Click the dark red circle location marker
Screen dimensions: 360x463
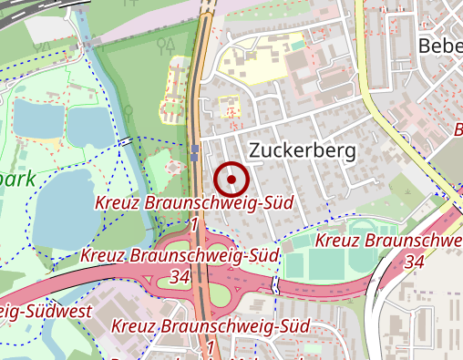pos(232,180)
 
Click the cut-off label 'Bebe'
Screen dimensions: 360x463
pos(439,46)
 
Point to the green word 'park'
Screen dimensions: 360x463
pos(18,177)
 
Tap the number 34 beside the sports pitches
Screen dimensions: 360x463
pos(414,262)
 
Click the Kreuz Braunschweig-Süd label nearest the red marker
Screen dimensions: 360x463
pos(195,202)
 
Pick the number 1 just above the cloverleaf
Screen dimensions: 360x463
pos(195,223)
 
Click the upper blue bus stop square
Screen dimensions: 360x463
pos(195,149)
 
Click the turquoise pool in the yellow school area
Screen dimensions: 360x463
pos(296,43)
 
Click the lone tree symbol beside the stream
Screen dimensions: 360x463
pos(129,111)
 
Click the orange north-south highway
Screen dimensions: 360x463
pos(198,91)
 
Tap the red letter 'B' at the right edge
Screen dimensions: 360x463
pos(457,131)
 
